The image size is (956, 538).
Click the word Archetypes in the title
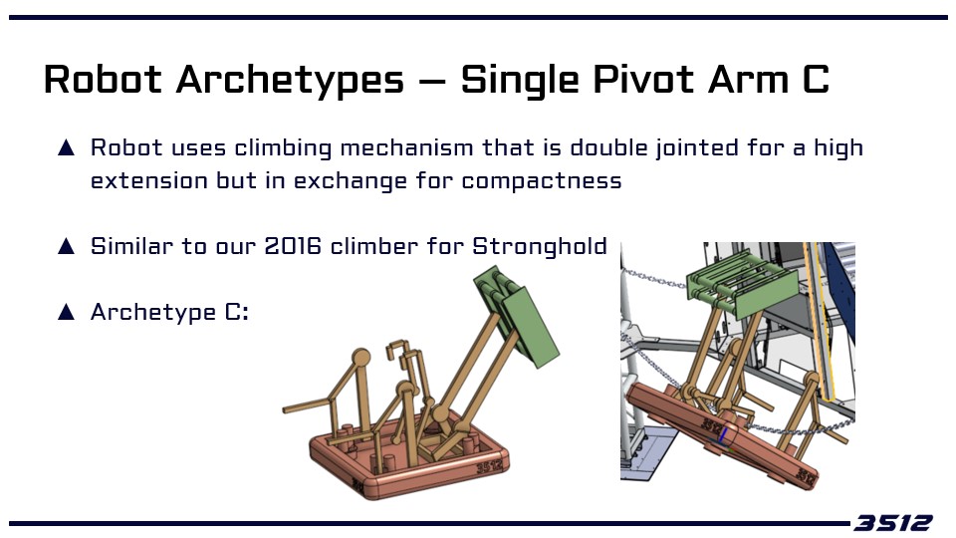tap(290, 81)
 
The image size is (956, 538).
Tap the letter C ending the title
tap(816, 80)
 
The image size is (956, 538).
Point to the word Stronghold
tap(540, 247)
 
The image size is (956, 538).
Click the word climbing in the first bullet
tap(283, 148)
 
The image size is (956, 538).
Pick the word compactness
tap(542, 181)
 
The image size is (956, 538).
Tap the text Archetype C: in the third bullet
tap(169, 312)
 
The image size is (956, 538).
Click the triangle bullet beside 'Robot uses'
tap(66, 148)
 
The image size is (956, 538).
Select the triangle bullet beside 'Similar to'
tap(66, 246)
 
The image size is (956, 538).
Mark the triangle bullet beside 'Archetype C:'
tap(66, 312)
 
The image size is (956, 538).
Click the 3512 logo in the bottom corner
tap(892, 523)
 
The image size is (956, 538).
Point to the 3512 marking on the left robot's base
tap(490, 467)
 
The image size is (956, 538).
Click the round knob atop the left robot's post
tap(360, 357)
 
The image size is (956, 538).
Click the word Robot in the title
tap(103, 80)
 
